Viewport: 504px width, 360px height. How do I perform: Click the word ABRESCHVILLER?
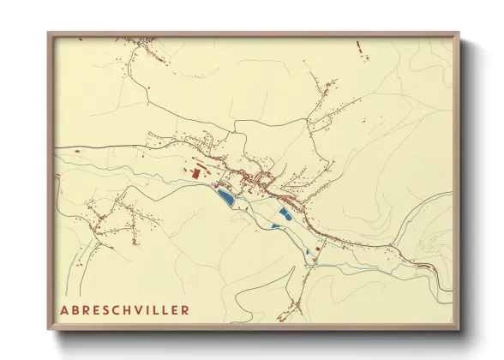(124, 309)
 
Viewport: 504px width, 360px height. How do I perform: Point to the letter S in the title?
(102, 309)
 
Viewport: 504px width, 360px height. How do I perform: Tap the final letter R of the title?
(184, 309)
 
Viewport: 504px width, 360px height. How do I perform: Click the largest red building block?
(195, 173)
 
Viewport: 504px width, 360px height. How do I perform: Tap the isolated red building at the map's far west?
(77, 152)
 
